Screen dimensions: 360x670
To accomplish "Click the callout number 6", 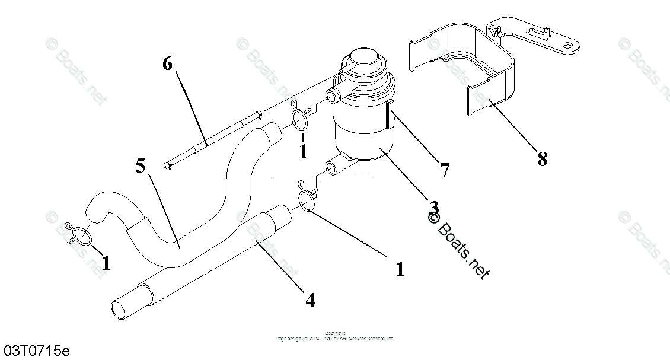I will [x=167, y=63].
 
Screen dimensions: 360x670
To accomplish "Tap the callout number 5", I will [x=140, y=166].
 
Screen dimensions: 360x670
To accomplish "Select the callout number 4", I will [x=310, y=300].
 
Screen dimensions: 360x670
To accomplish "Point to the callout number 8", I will [x=542, y=159].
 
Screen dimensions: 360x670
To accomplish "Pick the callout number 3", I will [x=434, y=208].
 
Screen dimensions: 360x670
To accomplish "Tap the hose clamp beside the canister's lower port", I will [x=305, y=198].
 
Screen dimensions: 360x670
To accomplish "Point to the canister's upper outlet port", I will [x=334, y=93].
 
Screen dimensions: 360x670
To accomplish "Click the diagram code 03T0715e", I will [x=36, y=351].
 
